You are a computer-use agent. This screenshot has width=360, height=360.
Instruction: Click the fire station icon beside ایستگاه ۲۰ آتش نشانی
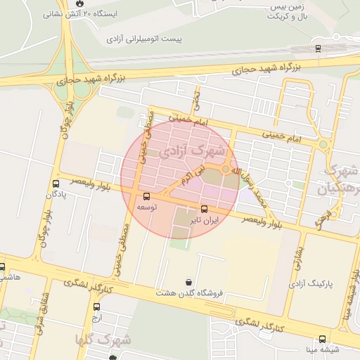(77, 3)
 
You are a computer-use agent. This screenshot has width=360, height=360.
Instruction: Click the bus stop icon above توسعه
(146, 196)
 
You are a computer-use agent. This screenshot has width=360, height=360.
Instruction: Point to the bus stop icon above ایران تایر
(205, 209)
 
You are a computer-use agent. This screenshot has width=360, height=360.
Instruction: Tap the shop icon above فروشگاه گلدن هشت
(188, 282)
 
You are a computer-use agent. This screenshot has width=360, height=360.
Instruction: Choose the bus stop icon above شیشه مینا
(322, 339)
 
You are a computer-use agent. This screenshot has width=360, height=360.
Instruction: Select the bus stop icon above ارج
(96, 307)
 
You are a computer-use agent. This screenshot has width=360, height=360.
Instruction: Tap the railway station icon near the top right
(318, 49)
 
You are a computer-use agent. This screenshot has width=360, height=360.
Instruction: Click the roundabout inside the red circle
(225, 170)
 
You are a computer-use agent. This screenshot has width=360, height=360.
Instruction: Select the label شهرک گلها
(104, 339)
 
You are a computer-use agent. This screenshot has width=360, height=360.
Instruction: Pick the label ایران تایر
(207, 220)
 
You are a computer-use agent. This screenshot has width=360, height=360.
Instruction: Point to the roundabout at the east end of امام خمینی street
(323, 145)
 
